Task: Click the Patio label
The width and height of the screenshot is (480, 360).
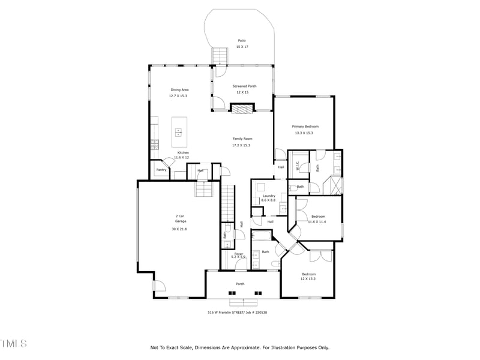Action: [241, 41]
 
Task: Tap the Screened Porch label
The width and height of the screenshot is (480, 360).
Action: [245, 86]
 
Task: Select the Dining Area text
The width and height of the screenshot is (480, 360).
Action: [179, 90]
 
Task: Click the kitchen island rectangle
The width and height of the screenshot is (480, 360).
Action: [179, 131]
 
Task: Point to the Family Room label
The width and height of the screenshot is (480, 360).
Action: [242, 139]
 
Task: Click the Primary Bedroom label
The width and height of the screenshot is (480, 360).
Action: [305, 127]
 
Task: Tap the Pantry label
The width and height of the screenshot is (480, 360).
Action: [161, 170]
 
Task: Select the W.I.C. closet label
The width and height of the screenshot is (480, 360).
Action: [298, 167]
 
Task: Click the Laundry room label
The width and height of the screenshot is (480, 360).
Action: [269, 196]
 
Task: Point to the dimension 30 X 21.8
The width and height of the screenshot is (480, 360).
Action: [180, 229]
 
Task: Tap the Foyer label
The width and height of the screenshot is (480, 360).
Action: [239, 253]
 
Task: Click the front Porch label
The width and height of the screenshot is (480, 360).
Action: [240, 284]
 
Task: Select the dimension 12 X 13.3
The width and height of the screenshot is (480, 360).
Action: [308, 279]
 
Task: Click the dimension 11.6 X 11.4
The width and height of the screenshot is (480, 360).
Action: [317, 221]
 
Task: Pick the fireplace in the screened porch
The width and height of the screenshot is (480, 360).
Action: [243, 109]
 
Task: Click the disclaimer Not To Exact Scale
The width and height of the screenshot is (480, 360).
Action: [240, 347]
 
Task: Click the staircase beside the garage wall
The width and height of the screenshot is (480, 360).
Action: [227, 204]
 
